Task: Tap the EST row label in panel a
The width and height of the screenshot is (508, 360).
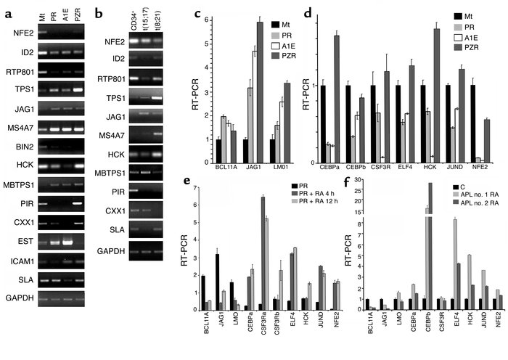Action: (x=23, y=258)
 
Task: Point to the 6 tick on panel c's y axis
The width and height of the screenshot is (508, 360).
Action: (x=207, y=22)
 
